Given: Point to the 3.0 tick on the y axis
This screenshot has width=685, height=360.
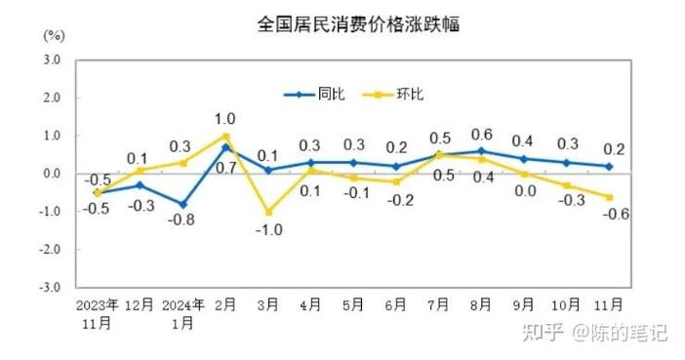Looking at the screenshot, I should [x=51, y=60].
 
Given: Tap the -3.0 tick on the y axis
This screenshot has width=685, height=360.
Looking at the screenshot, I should [x=49, y=288].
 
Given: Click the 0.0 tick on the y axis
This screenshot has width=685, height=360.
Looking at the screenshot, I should [x=51, y=175].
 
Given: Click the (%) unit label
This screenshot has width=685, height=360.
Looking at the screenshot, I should [x=53, y=36].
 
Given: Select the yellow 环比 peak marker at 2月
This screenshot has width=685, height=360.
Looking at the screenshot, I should [x=225, y=136].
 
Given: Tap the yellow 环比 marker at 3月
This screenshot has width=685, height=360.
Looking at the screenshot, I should [x=268, y=212].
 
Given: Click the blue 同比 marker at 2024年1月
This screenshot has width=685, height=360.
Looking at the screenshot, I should [x=182, y=204].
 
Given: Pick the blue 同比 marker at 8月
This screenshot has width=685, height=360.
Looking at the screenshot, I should [x=482, y=151].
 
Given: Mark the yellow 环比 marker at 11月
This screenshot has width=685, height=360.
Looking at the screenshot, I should [x=610, y=197].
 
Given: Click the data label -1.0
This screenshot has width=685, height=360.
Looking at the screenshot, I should [x=269, y=230].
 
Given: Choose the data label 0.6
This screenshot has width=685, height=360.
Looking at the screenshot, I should [x=481, y=135].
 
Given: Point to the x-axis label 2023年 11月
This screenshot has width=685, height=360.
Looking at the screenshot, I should [x=97, y=313].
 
